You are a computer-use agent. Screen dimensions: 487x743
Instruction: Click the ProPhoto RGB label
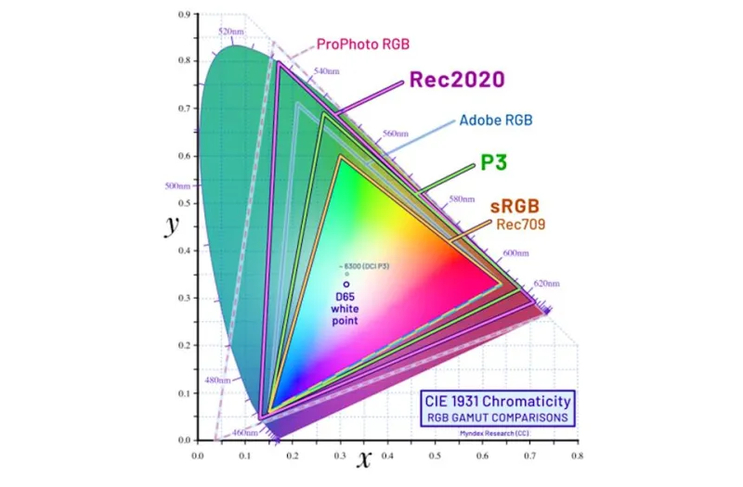tap(363, 44)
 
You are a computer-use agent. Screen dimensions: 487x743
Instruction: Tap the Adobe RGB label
tap(496, 121)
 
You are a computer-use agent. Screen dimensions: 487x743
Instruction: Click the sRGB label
tap(515, 205)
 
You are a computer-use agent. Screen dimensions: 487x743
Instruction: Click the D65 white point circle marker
tap(346, 284)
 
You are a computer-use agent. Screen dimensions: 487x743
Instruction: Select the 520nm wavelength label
tap(230, 32)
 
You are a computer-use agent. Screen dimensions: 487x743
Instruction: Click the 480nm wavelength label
tap(215, 379)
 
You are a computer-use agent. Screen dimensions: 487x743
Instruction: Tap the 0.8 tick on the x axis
tap(577, 455)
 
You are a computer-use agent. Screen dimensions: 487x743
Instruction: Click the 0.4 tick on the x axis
tap(387, 455)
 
